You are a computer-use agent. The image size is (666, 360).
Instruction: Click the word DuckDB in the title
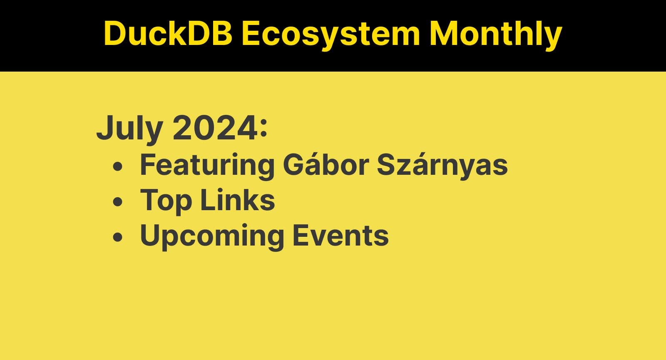click(168, 33)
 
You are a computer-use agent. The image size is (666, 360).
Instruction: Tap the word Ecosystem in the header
click(331, 33)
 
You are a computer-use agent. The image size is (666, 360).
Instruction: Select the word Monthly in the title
click(495, 33)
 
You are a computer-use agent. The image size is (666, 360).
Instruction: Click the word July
click(129, 128)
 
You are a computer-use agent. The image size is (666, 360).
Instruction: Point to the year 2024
click(214, 128)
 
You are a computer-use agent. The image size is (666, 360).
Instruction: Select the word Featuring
click(207, 165)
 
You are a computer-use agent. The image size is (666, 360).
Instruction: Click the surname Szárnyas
click(442, 165)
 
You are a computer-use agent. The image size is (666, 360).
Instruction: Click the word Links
click(238, 200)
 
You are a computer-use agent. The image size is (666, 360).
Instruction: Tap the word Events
click(340, 236)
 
